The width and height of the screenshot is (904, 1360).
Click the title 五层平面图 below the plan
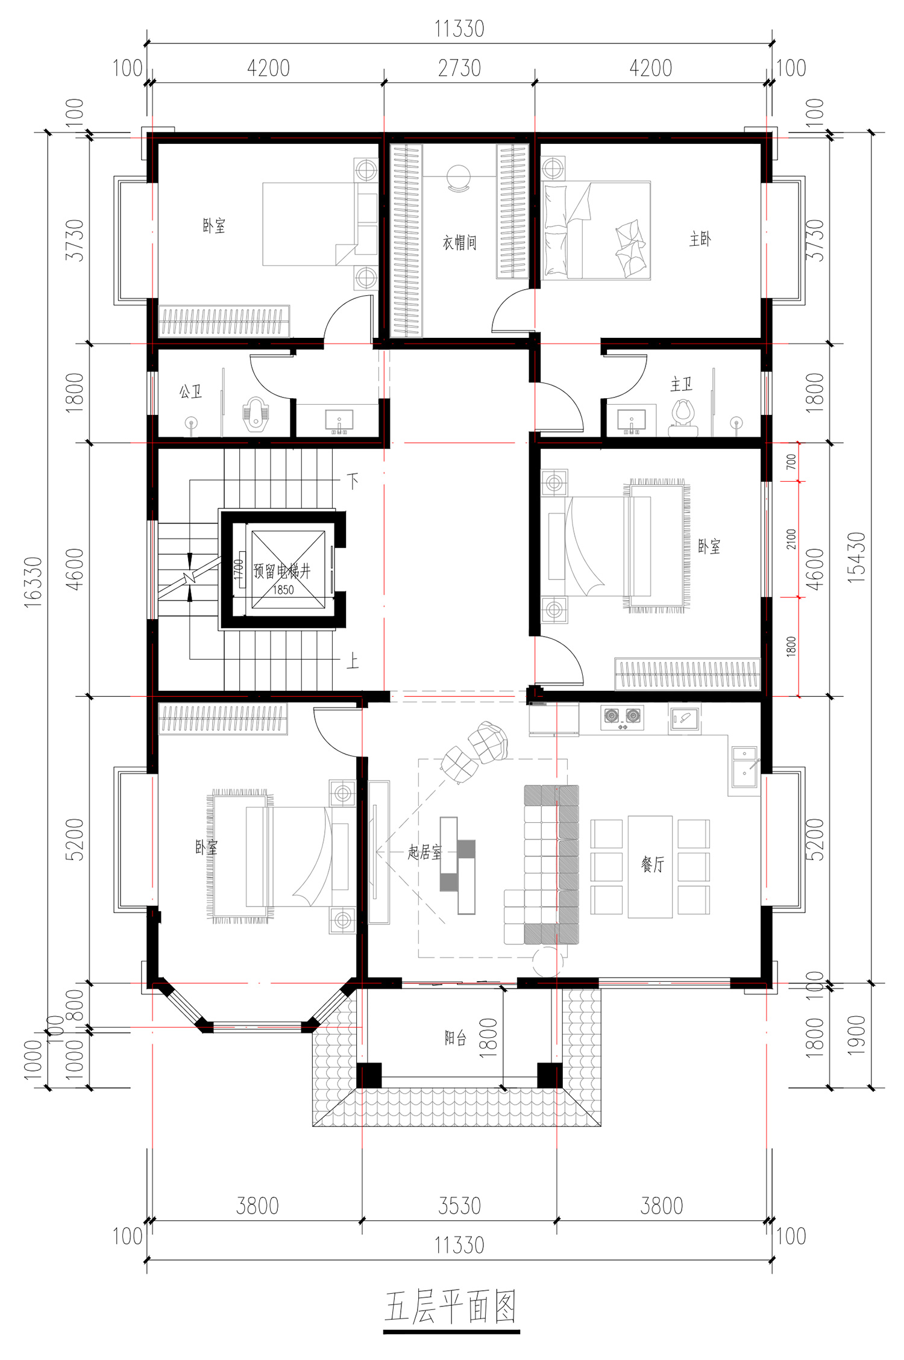point(451,1306)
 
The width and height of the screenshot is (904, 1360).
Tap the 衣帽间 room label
point(460,243)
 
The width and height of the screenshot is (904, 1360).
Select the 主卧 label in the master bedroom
point(700,240)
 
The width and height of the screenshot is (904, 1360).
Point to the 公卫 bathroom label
point(190,392)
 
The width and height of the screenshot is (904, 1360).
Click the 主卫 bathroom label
point(681,384)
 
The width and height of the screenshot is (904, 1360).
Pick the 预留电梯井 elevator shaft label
point(282,571)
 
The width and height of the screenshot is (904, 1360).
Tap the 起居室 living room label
point(424,852)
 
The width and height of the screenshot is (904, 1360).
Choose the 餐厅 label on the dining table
point(652,865)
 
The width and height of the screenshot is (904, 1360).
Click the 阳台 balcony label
point(456,1038)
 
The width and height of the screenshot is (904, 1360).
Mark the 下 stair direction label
point(353,480)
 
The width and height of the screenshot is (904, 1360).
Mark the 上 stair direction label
point(353,661)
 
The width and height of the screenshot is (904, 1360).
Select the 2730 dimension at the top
point(459,69)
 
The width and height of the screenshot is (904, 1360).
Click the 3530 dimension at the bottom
point(459,1206)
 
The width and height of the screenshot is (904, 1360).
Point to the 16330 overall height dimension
point(34,582)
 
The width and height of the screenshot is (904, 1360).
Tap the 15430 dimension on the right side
point(856,558)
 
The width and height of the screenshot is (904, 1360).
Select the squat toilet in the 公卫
point(256,414)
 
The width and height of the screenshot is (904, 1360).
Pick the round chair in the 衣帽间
point(459,178)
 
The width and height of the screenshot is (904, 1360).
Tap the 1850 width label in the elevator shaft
point(283,590)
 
